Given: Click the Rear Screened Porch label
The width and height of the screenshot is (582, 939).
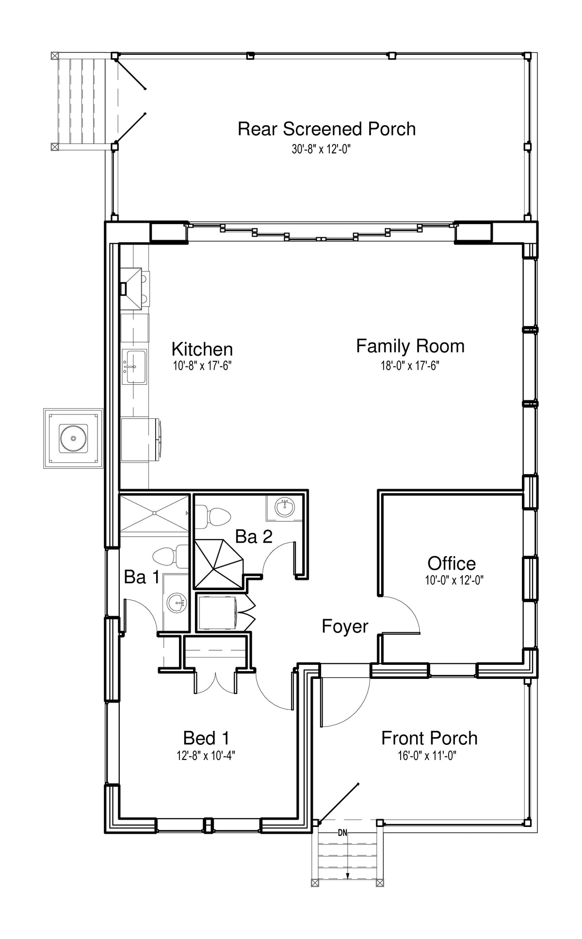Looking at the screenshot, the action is [326, 129].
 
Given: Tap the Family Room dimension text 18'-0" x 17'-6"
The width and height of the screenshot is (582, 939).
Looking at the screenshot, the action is [410, 366].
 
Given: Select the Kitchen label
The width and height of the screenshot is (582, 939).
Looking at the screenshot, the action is [202, 349].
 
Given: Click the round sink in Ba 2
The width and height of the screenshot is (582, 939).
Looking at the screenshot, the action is [285, 508].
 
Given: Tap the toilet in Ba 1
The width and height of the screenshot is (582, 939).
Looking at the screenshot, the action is [170, 557].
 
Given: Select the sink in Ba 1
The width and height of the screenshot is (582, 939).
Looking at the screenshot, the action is [176, 604].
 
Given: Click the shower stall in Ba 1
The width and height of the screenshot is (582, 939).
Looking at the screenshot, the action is [154, 513].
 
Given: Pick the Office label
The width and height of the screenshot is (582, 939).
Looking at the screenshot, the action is [452, 563].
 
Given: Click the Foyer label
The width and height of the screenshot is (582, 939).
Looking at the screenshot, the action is [345, 626].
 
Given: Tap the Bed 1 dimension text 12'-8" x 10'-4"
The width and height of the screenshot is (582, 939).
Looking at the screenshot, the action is [206, 756].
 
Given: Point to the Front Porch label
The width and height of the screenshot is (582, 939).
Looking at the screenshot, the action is [429, 738].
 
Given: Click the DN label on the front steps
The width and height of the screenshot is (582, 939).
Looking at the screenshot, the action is [342, 834].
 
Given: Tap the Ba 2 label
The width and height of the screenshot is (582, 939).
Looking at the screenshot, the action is [254, 537].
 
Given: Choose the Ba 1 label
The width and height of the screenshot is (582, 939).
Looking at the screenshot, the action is [142, 577].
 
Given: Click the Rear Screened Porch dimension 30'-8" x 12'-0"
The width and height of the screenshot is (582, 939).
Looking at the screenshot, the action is [321, 149].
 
